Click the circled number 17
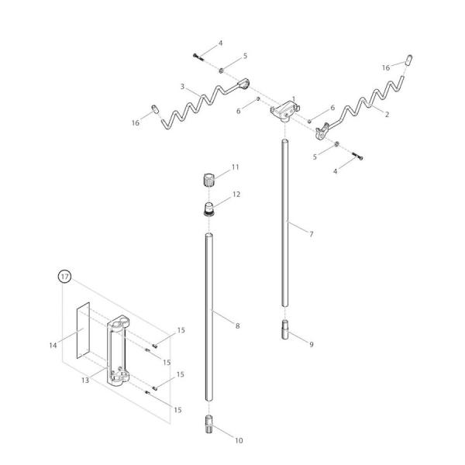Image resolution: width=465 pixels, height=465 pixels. [x=64, y=277]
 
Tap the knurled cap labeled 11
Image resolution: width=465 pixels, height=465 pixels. [x=207, y=181]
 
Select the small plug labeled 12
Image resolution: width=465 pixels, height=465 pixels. [x=208, y=208]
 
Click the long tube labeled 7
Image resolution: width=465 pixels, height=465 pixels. [x=284, y=225]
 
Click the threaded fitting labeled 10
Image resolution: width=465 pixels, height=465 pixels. [x=209, y=425]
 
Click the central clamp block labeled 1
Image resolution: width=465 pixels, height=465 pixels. [x=282, y=112]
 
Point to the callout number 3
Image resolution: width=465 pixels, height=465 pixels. [x=183, y=86]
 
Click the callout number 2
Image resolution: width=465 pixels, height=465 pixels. [x=385, y=113]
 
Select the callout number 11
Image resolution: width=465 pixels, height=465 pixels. [x=235, y=167]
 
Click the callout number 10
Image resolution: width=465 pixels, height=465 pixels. [x=238, y=440]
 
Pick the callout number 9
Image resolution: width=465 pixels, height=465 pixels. [x=310, y=344]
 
